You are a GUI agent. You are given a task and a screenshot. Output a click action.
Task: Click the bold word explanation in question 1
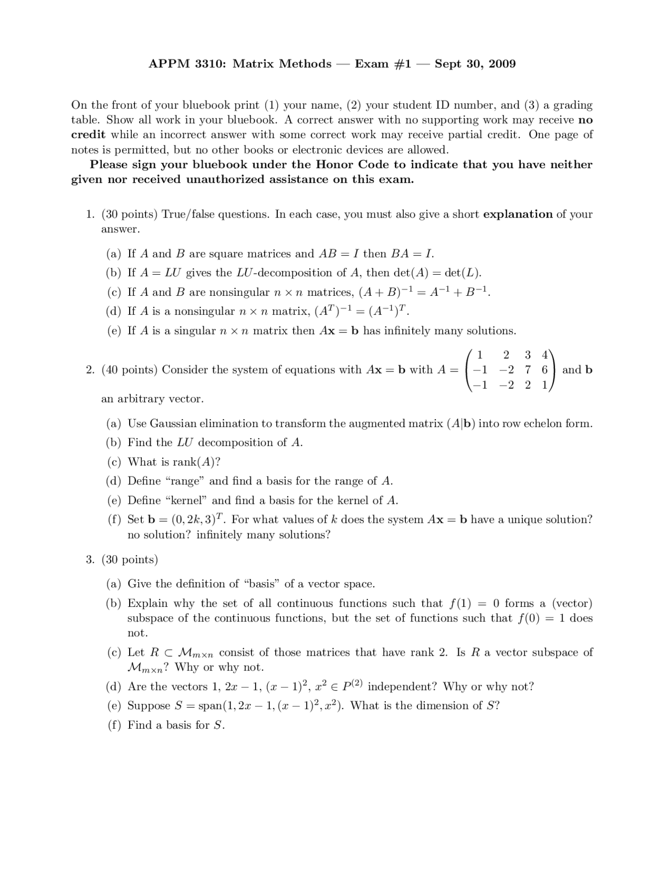518,214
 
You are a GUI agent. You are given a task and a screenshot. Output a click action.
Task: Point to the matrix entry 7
528,370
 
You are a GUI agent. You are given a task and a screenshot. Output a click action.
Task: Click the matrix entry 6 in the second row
545,370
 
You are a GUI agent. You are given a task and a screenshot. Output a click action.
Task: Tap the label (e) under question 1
113,331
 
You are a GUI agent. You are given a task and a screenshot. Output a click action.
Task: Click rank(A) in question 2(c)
194,462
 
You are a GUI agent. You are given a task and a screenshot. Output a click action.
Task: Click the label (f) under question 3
113,726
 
